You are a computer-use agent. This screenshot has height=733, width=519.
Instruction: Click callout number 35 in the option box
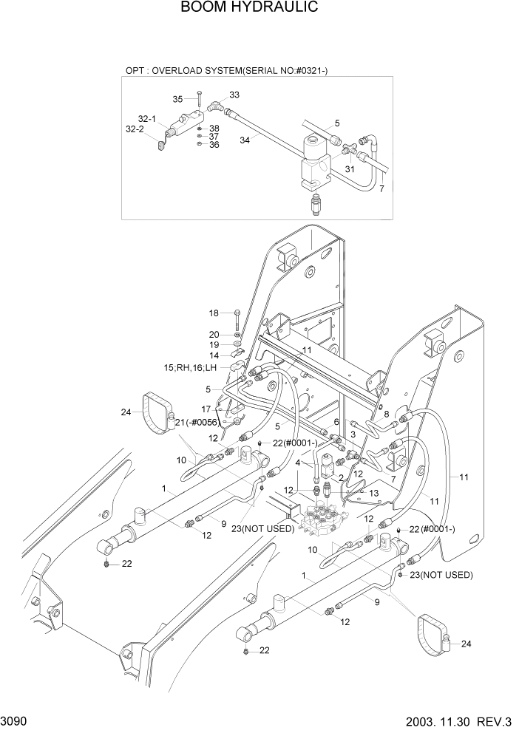click(177, 99)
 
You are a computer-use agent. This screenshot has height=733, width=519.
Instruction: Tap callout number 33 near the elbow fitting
click(234, 95)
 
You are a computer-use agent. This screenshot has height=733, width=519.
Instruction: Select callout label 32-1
click(146, 119)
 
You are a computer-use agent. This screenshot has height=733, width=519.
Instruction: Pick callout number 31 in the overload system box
click(350, 169)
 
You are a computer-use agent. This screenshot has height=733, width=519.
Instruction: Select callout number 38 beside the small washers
click(214, 128)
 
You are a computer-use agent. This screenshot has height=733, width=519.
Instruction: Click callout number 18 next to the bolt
click(214, 313)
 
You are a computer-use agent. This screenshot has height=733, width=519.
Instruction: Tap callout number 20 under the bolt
click(214, 335)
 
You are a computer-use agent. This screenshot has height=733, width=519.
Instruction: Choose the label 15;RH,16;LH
click(191, 367)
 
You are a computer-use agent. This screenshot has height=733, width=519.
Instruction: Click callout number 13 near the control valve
click(374, 493)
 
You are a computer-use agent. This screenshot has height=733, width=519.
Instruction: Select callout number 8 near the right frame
click(386, 415)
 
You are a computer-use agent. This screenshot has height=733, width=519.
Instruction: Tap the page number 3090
click(16, 719)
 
